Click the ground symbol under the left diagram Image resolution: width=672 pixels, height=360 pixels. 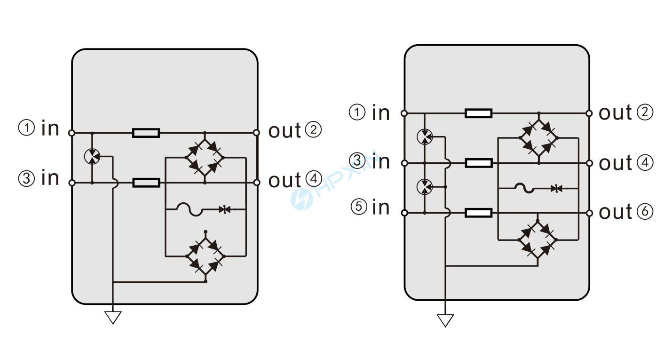pos(113,317)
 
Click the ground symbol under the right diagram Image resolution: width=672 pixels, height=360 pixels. pos(445,320)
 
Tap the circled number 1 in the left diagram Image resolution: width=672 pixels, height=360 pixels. pos(26,128)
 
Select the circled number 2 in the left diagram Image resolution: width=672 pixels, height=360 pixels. pos(313,130)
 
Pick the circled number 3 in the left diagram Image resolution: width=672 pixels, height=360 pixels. pos(26,178)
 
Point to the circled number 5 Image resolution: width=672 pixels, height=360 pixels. pos(359,207)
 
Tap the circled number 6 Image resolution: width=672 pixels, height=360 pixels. pos(645,212)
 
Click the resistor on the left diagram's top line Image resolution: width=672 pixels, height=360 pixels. pos(146,133)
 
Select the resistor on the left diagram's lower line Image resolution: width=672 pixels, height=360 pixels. pos(146,183)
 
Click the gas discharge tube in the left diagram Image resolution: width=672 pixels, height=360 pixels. pos(92,157)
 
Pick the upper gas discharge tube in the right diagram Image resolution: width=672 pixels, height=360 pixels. pos(424,137)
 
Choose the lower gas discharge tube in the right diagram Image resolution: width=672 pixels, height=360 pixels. pos(424,187)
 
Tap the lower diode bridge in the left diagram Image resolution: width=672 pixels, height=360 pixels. pos(206,256)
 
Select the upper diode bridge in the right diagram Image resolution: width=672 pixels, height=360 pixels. pos(538,138)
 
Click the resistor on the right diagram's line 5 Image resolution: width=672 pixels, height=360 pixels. pos(478,213)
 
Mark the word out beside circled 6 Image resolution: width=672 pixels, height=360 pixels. pos(615,212)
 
